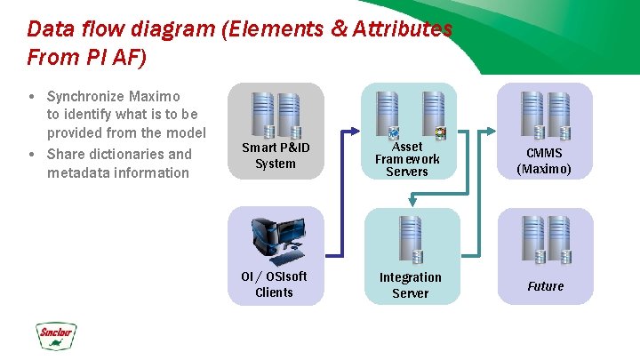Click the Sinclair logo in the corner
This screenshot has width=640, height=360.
[x=57, y=336]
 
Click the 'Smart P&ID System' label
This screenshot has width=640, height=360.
[x=276, y=156]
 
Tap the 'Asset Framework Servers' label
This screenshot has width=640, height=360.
[x=407, y=158]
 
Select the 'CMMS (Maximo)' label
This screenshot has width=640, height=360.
[x=544, y=161]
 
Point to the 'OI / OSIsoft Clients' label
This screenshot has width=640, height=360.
[x=274, y=284]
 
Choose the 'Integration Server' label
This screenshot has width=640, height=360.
[x=410, y=285]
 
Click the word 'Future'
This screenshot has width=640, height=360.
[x=545, y=286]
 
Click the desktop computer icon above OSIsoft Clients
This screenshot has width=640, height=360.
[x=276, y=239]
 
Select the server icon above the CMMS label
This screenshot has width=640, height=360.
[x=545, y=114]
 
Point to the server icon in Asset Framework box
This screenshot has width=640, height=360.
[x=400, y=114]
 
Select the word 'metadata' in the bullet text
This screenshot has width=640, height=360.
[x=76, y=172]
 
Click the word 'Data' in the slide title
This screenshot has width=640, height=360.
[x=47, y=28]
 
